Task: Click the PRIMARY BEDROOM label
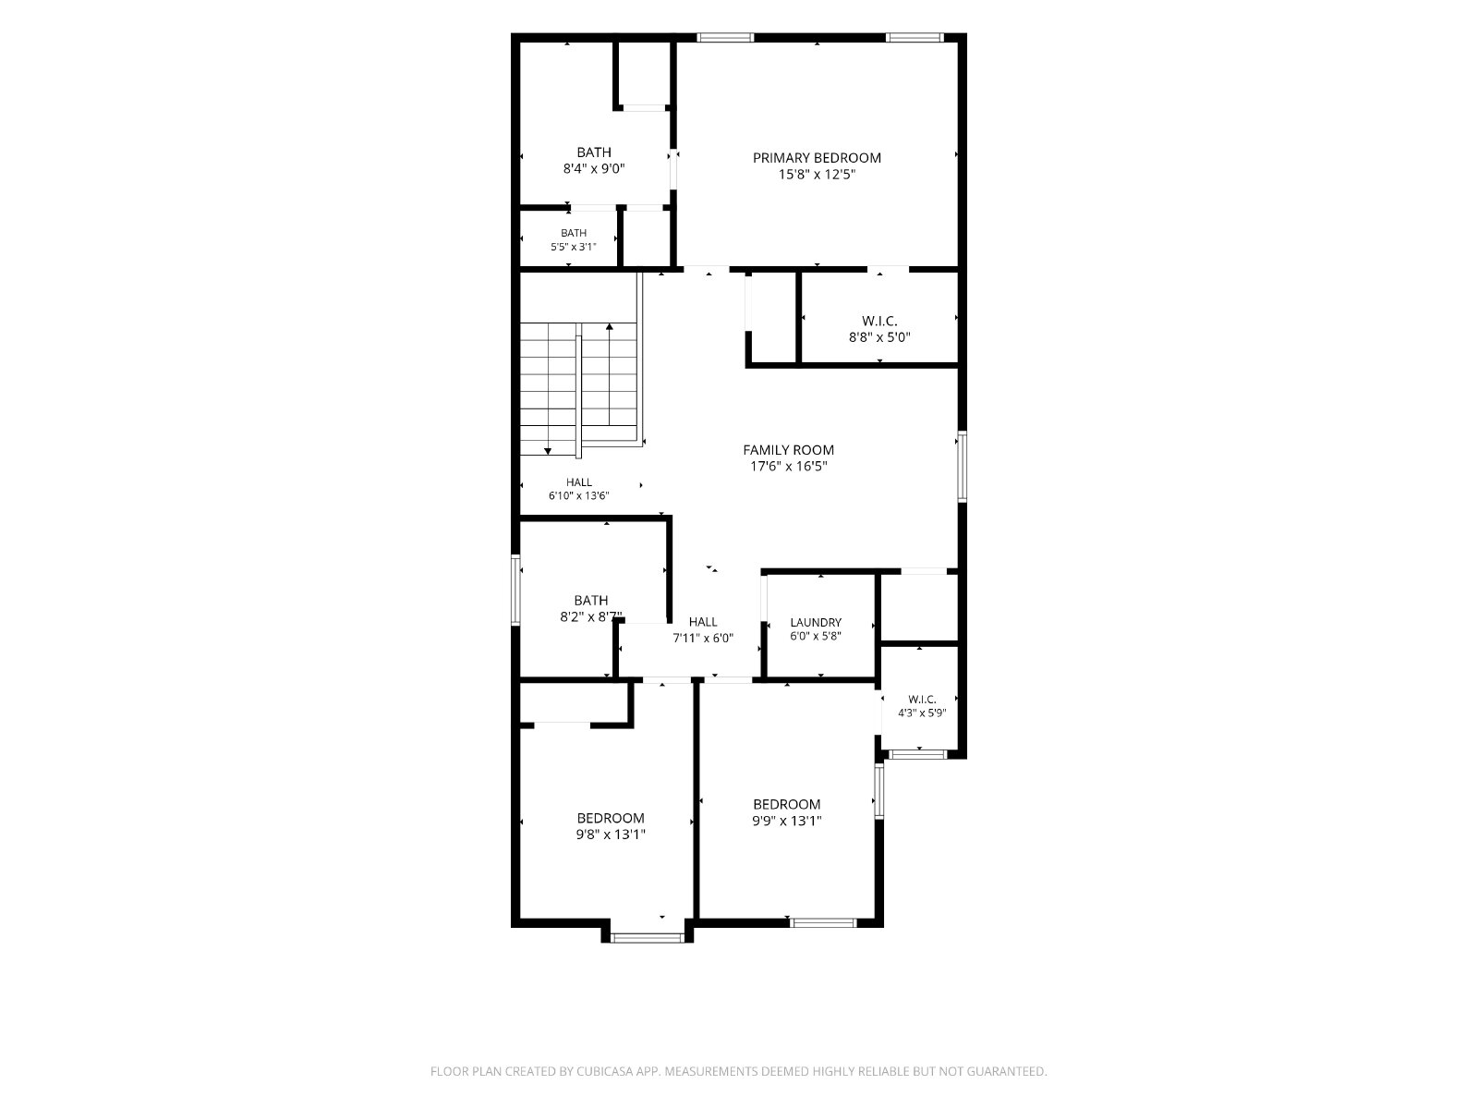tap(816, 157)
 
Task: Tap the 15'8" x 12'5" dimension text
tap(816, 175)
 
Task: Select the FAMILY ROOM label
tap(788, 450)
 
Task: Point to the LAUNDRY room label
tap(816, 622)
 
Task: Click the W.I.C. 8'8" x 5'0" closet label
tap(878, 329)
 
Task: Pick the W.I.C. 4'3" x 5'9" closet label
tap(922, 706)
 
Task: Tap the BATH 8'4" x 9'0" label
tap(594, 160)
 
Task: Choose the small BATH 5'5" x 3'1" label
tap(573, 239)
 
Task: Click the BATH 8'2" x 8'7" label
tap(590, 608)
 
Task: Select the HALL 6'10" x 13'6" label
tap(578, 489)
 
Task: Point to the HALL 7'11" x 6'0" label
tap(702, 629)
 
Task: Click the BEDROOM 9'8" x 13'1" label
tap(610, 826)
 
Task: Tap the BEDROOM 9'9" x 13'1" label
tap(786, 812)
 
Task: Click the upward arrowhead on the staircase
tap(610, 326)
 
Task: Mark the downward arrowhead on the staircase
tap(548, 450)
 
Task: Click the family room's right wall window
tap(963, 467)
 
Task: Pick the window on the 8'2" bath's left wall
tap(515, 590)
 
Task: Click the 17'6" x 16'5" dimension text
tap(788, 466)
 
